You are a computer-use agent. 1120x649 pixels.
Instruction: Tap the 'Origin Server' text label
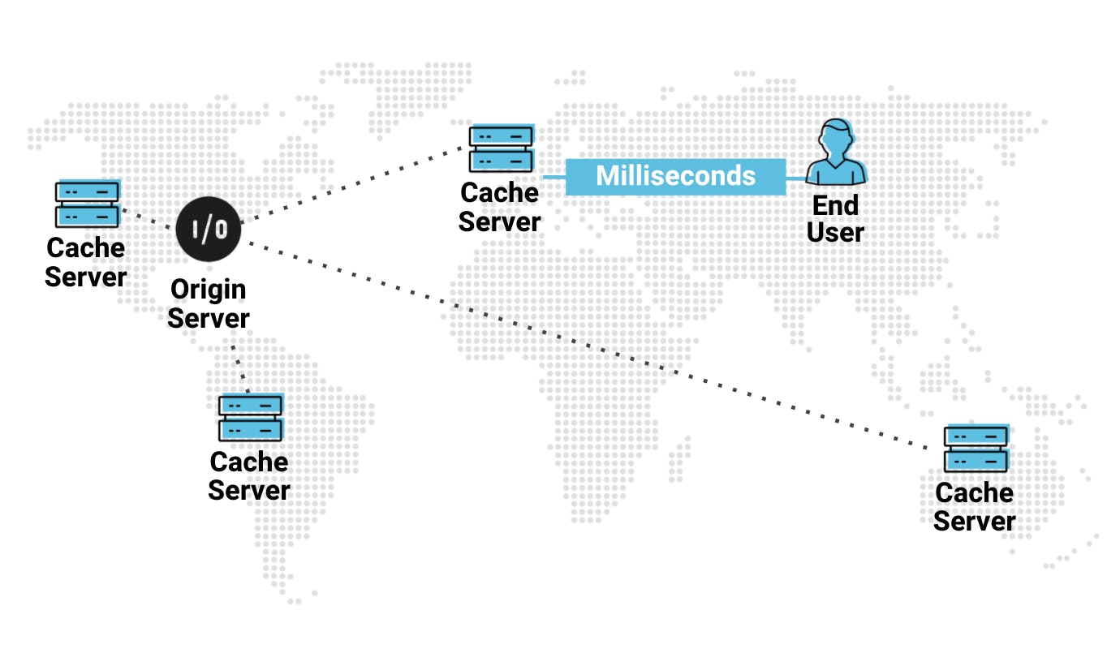tap(209, 303)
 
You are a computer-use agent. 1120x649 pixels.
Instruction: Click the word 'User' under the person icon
tap(836, 233)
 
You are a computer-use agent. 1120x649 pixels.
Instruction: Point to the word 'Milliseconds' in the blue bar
tap(675, 176)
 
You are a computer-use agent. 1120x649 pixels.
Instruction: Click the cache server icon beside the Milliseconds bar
tap(501, 148)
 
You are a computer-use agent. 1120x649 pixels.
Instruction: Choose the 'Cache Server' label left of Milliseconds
tap(499, 207)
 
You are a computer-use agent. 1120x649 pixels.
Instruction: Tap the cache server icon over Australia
tap(976, 449)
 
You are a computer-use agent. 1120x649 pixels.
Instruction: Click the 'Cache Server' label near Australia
tap(974, 506)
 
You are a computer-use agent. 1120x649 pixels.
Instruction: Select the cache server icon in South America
tap(250, 418)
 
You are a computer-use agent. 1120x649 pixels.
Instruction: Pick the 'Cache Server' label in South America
tap(249, 475)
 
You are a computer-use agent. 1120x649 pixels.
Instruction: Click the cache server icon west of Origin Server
tap(87, 204)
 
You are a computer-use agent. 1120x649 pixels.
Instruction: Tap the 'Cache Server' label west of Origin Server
tap(85, 262)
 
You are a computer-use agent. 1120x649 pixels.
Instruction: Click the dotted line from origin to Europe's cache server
tap(357, 184)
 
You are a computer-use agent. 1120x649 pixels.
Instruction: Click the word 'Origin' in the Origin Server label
tap(209, 290)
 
